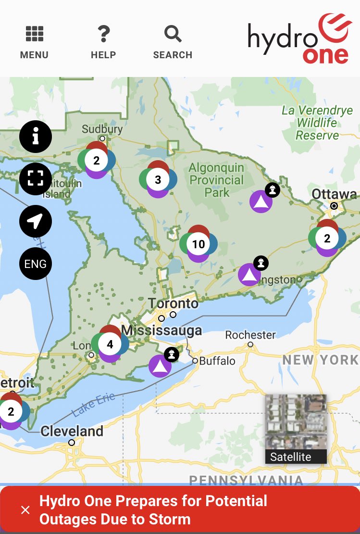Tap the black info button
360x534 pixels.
pyautogui.click(x=36, y=137)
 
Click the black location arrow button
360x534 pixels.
pyautogui.click(x=36, y=221)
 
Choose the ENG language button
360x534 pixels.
pyautogui.click(x=36, y=264)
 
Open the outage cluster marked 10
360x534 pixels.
pyautogui.click(x=199, y=244)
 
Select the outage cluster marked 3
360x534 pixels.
pyautogui.click(x=158, y=179)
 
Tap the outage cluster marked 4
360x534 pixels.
pyautogui.click(x=110, y=344)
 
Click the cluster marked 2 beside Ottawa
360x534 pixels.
pyautogui.click(x=327, y=238)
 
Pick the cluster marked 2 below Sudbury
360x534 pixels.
pyautogui.click(x=97, y=160)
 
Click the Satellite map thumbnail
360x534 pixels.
pyautogui.click(x=296, y=429)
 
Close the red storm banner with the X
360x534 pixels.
pyautogui.click(x=25, y=510)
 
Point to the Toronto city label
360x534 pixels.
pyautogui.click(x=173, y=304)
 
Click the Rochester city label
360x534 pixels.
pyautogui.click(x=250, y=335)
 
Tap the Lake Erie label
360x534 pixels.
pyautogui.click(x=94, y=405)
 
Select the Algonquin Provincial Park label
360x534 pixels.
pyautogui.click(x=217, y=180)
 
